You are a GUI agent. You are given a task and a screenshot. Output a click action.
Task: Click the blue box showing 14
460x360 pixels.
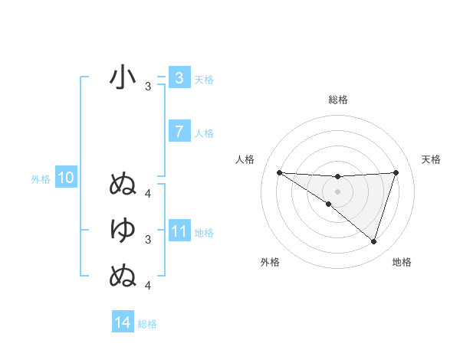click(123, 322)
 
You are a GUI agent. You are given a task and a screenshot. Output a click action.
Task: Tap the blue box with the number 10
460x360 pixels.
click(65, 178)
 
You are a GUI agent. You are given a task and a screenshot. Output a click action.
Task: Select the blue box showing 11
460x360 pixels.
click(179, 231)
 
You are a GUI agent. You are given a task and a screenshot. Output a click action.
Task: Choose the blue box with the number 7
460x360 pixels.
click(179, 132)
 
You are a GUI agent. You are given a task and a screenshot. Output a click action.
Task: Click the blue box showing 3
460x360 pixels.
click(179, 77)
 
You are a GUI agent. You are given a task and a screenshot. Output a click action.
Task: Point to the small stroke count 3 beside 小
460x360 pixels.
click(148, 87)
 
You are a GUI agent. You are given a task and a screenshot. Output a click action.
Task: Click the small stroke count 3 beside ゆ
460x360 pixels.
click(148, 240)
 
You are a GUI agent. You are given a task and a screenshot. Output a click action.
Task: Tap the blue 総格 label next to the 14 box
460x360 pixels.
click(147, 324)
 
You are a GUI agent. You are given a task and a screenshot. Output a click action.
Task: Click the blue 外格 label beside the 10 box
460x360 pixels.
click(41, 179)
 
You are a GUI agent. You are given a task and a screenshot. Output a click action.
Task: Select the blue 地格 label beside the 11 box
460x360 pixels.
click(204, 232)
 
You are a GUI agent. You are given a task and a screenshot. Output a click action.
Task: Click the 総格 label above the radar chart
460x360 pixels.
click(337, 100)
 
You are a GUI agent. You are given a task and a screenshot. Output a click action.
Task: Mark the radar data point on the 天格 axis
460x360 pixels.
click(396, 172)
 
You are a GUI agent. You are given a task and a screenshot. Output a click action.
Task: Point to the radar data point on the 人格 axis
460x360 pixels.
click(279, 172)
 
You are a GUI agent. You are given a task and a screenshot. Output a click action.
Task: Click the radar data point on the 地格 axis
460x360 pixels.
click(374, 241)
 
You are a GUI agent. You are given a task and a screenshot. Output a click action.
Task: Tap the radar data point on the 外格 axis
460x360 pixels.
click(328, 204)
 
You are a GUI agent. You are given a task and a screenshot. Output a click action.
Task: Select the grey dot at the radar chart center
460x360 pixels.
click(337, 191)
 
